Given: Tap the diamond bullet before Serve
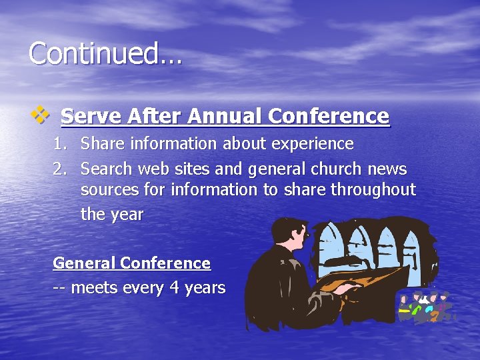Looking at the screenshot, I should tap(41, 115).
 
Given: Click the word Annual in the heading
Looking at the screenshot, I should tap(225, 117).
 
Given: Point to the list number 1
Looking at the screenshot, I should tap(60, 144).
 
